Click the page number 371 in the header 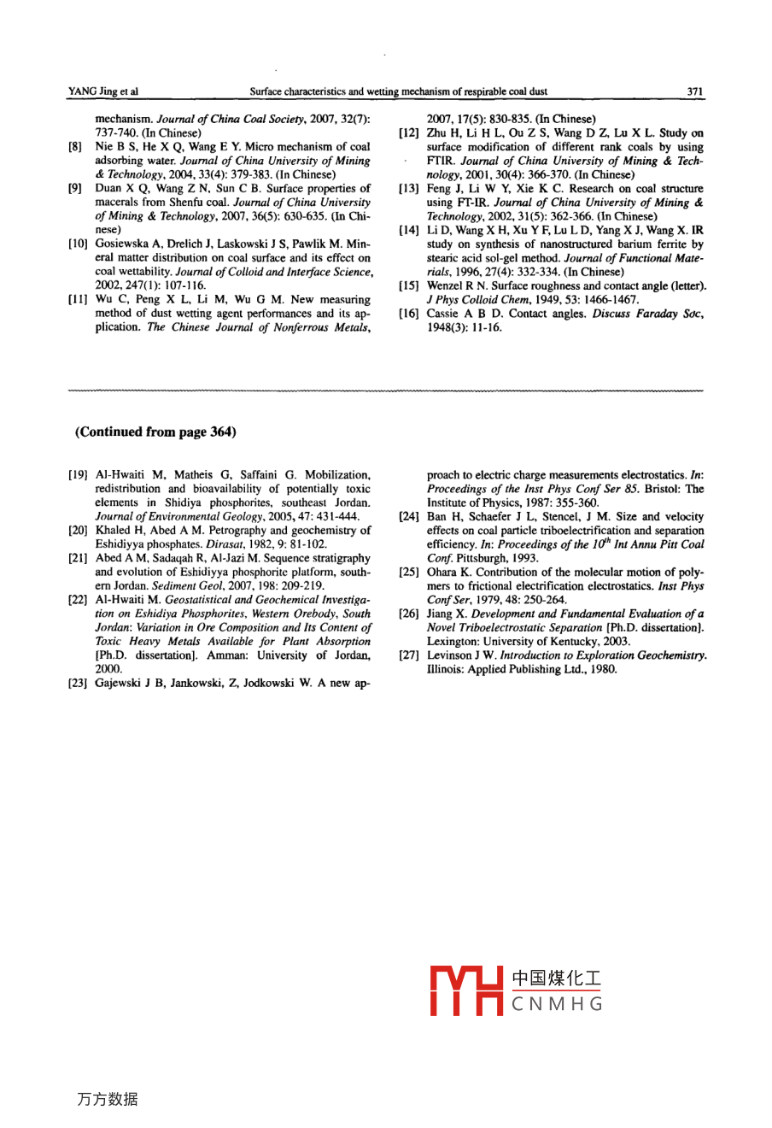click(x=695, y=91)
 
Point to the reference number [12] click(x=407, y=133)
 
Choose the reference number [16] click(x=407, y=314)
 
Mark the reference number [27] click(x=407, y=655)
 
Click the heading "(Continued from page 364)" click(x=155, y=432)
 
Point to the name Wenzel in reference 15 click(x=444, y=286)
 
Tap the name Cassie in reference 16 click(x=442, y=314)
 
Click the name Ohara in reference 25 click(x=442, y=572)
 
